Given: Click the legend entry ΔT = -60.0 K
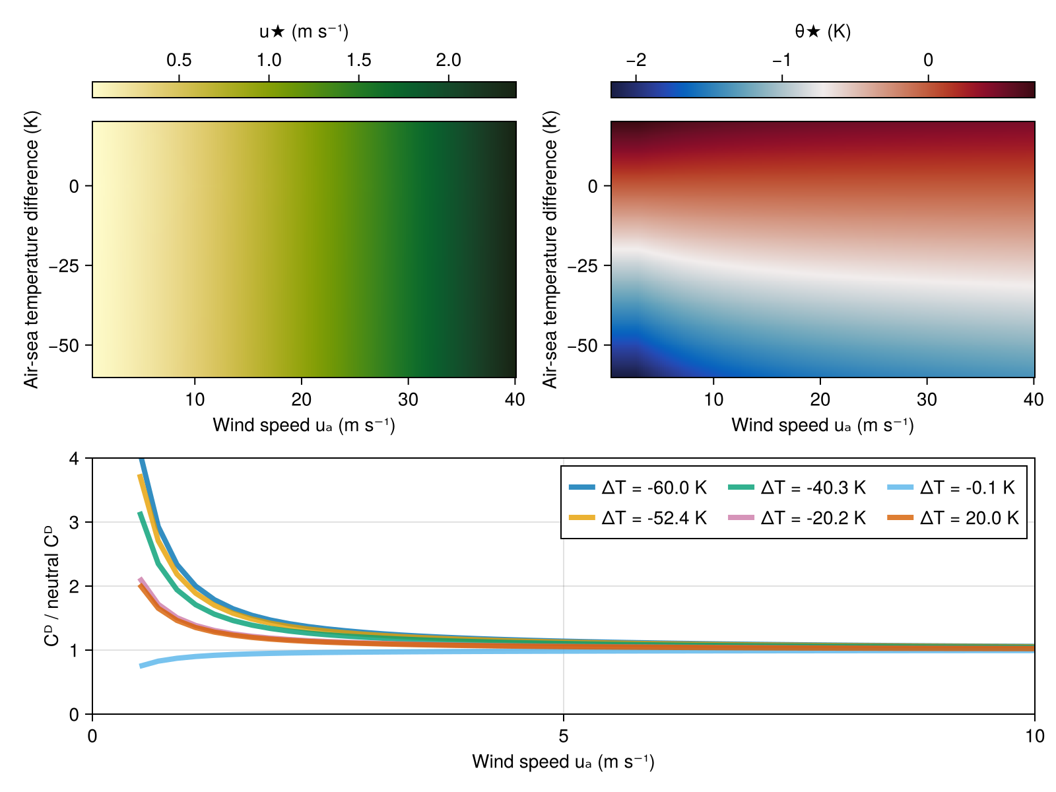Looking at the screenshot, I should [x=638, y=488].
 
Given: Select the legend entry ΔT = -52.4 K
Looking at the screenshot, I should [x=638, y=518].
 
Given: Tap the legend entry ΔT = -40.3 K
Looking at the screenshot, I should [x=797, y=488].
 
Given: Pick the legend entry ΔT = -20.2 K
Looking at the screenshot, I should [x=797, y=518].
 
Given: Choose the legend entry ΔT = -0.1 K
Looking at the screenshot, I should [x=951, y=488].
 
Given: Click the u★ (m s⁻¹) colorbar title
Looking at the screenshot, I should [x=304, y=31].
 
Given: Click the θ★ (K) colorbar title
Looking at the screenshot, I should [x=822, y=31].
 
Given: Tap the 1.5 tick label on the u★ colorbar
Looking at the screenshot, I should [x=359, y=61].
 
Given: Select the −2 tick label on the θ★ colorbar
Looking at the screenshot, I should [x=636, y=61].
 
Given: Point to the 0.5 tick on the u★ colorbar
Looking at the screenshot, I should [x=179, y=61].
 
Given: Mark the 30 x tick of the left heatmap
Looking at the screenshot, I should [x=409, y=400].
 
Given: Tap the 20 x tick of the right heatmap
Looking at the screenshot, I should [x=820, y=400].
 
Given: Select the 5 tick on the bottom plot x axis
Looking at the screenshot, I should [x=563, y=736].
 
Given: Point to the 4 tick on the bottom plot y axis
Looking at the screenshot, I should [x=73, y=458].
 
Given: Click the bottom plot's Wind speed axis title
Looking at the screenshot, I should [x=563, y=762].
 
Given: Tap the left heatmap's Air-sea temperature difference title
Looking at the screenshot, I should [x=32, y=249].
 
